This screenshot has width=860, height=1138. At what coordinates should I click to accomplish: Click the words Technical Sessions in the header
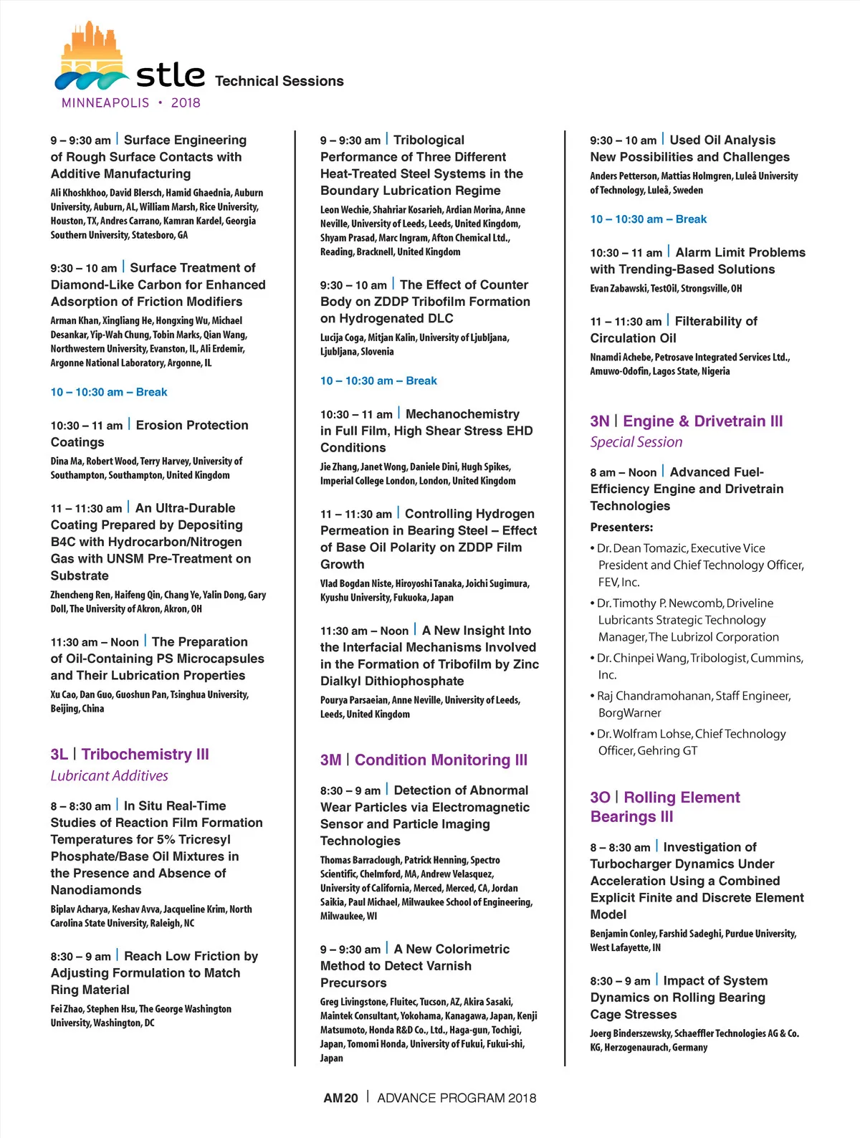[x=279, y=81]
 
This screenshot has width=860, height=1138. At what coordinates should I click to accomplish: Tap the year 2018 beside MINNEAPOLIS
[x=186, y=102]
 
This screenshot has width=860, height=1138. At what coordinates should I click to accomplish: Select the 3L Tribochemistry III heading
[x=130, y=754]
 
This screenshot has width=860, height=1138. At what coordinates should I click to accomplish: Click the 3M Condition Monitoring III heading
[x=424, y=760]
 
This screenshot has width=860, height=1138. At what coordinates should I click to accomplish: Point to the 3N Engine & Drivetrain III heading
[x=686, y=421]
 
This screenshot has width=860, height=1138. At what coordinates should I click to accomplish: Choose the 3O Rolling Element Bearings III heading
[x=664, y=806]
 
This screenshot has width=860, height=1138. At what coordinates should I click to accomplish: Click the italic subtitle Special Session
[x=636, y=442]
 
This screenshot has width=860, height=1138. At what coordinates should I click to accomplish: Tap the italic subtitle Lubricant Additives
[x=109, y=775]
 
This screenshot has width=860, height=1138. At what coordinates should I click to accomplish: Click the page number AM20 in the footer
[x=340, y=1098]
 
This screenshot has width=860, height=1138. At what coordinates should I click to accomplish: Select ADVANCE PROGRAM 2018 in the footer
[x=457, y=1098]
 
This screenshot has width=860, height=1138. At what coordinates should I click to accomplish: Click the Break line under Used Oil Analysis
[x=648, y=219]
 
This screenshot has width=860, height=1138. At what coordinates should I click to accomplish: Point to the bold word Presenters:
[x=621, y=527]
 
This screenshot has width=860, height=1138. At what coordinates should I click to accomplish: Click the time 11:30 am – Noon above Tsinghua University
[x=95, y=642]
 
